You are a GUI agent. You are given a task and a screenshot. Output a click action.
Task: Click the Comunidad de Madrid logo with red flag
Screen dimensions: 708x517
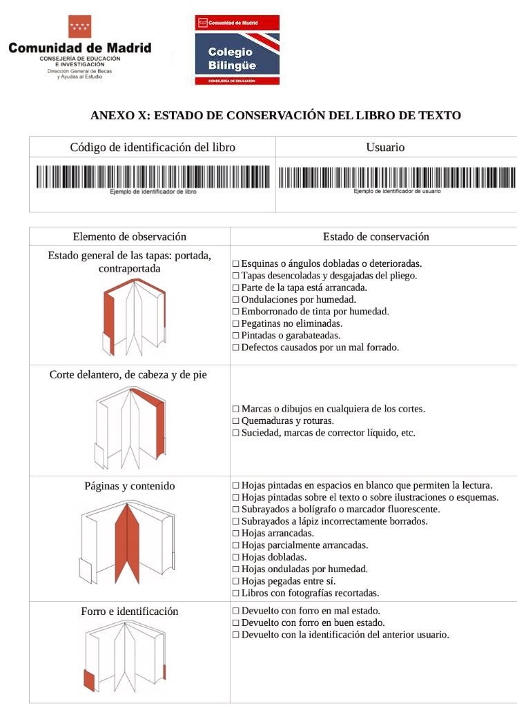[x=79, y=47]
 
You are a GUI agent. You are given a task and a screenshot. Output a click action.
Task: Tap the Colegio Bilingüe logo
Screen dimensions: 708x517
[x=237, y=50]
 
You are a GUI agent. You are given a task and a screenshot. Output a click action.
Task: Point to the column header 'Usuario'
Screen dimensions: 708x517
[x=385, y=148]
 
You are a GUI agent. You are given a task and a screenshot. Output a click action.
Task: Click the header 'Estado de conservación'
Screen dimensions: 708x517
[x=375, y=236]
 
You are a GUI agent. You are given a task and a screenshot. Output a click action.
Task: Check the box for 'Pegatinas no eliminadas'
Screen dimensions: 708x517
[x=236, y=323]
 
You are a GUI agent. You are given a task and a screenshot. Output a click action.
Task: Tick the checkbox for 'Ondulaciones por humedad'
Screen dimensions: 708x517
[x=236, y=300]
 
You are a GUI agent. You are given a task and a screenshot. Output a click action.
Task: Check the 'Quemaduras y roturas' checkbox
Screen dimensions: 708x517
[x=236, y=421]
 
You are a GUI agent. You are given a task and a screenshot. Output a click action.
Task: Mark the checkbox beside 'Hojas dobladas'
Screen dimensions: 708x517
[x=236, y=557]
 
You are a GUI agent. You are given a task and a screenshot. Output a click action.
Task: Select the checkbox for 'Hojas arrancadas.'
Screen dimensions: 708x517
[x=236, y=534]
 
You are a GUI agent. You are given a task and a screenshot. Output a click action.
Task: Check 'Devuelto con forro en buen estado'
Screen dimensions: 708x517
[x=236, y=623]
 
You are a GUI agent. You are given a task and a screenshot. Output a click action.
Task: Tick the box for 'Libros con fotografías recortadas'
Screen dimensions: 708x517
[x=236, y=593]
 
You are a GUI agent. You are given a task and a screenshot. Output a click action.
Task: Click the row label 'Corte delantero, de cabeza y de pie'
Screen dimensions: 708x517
[x=128, y=375]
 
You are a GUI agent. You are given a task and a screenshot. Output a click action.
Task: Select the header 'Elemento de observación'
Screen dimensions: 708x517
[x=130, y=236]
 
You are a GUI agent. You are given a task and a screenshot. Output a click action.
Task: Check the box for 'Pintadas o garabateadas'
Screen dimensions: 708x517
[x=236, y=336]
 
